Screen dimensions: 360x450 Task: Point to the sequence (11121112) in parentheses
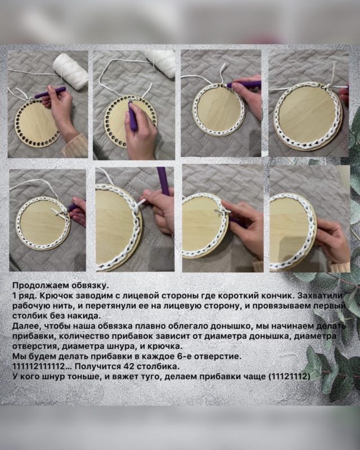[289, 376]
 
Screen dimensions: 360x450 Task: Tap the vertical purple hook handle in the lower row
[163, 180]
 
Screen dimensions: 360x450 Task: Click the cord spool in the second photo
[160, 63]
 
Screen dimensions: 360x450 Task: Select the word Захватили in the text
[320, 296]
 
